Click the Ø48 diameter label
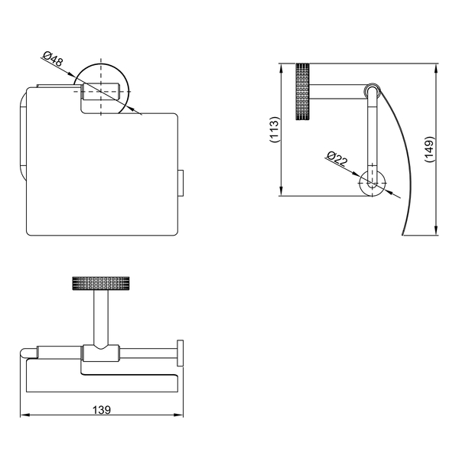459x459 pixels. point(53,58)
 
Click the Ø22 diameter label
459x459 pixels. point(337,158)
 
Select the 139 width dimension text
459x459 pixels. point(102,410)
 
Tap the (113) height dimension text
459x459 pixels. point(275,129)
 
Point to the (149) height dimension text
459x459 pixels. point(429,149)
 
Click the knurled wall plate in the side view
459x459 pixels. point(302,92)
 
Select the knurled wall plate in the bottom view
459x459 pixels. point(101,283)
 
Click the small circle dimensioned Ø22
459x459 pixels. point(373,184)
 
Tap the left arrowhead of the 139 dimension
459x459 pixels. point(25,415)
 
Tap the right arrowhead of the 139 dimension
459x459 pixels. point(178,415)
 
